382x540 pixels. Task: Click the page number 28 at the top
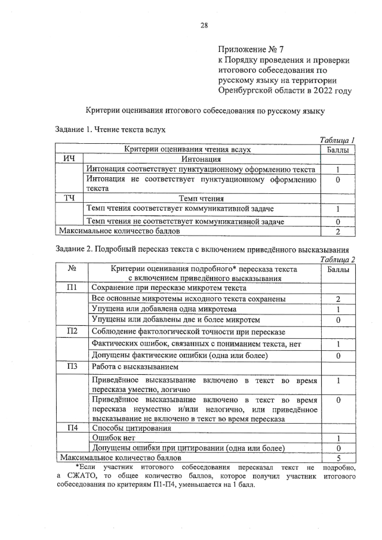pyautogui.click(x=204, y=24)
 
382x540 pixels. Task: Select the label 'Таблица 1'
pyautogui.click(x=337, y=139)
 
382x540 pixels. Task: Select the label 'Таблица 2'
pyautogui.click(x=337, y=260)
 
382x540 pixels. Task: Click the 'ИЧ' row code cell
pyautogui.click(x=70, y=159)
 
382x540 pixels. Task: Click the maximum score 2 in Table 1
pyautogui.click(x=338, y=232)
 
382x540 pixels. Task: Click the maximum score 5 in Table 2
pyautogui.click(x=338, y=458)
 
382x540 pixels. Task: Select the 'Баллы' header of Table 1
pyautogui.click(x=338, y=149)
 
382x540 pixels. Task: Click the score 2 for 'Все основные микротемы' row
pyautogui.click(x=338, y=298)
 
